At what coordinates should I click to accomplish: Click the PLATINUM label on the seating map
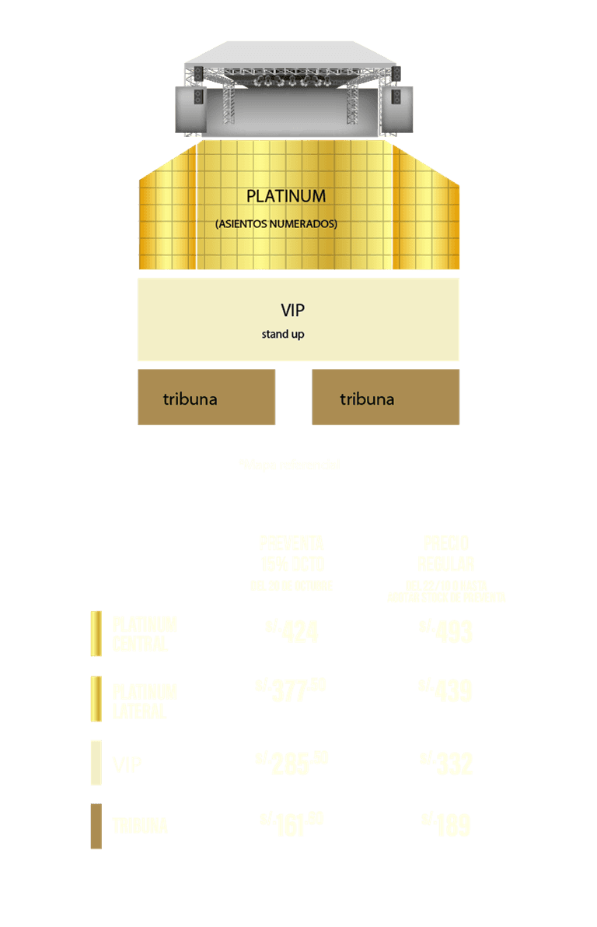click(x=285, y=196)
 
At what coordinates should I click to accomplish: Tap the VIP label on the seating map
click(x=292, y=311)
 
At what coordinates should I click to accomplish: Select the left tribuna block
click(x=206, y=398)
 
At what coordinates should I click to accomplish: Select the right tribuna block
click(x=386, y=398)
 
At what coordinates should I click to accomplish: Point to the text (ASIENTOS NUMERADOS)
click(x=276, y=224)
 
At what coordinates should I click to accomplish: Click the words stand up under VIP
click(x=283, y=335)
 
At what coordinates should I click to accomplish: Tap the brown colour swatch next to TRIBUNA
click(x=96, y=827)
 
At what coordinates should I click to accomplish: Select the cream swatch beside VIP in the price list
click(x=96, y=763)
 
